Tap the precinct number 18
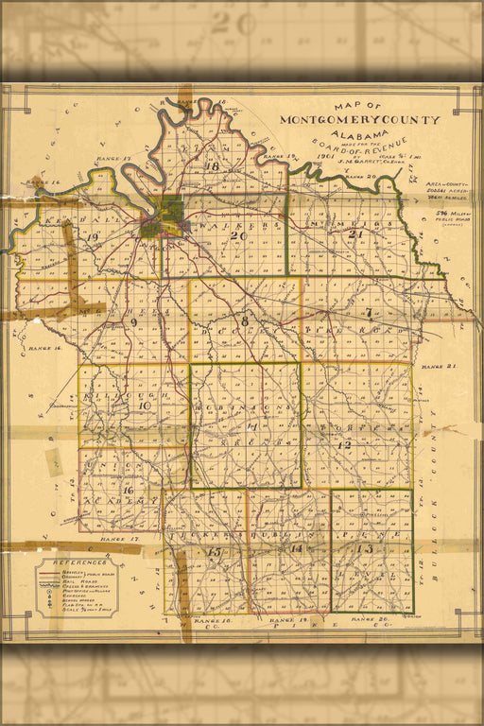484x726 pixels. tap(212, 167)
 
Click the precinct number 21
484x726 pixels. tap(356, 234)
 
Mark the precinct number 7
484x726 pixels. tap(368, 313)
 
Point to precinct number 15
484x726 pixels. tap(215, 551)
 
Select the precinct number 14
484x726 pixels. tap(296, 549)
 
